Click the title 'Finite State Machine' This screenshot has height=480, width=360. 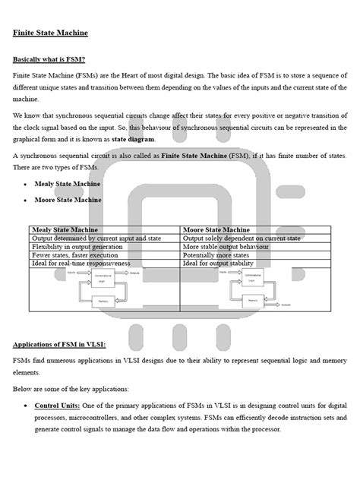pos(50,33)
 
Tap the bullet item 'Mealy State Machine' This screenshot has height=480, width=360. pos(68,184)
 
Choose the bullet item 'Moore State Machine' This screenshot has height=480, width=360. pos(68,201)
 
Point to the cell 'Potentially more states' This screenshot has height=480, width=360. pos(221,254)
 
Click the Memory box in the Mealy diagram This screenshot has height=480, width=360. pos(105,301)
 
